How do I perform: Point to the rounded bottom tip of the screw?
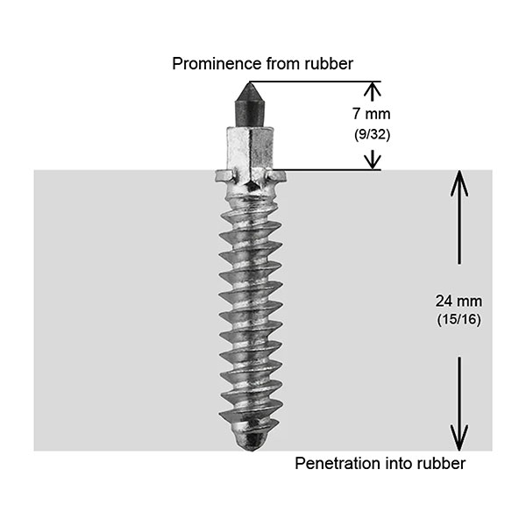coord(252,437)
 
